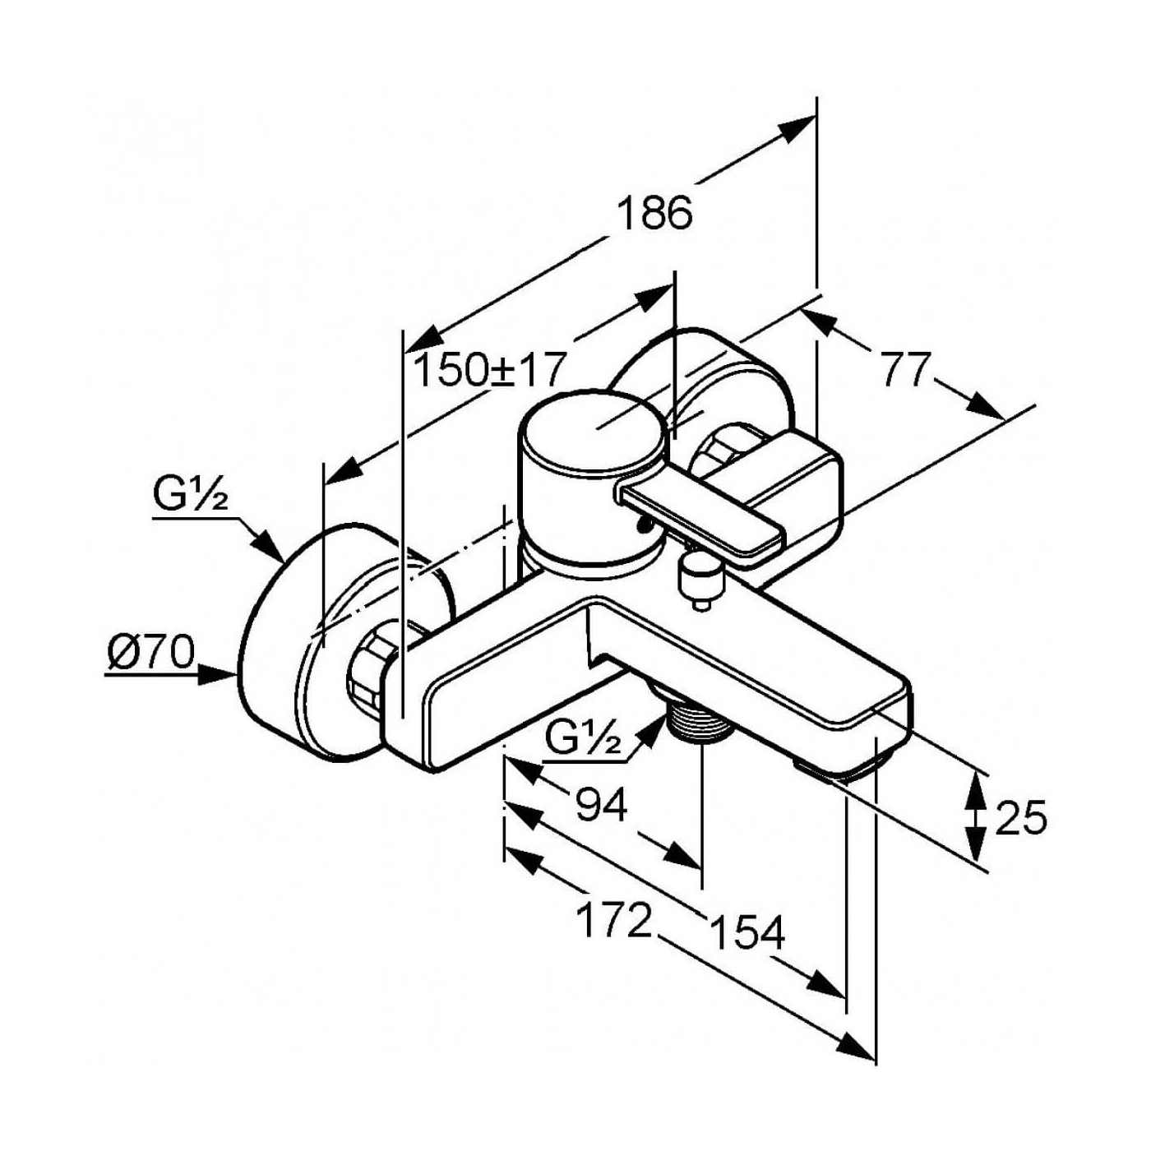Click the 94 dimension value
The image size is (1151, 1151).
(x=601, y=806)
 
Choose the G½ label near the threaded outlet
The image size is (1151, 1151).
(x=584, y=741)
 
